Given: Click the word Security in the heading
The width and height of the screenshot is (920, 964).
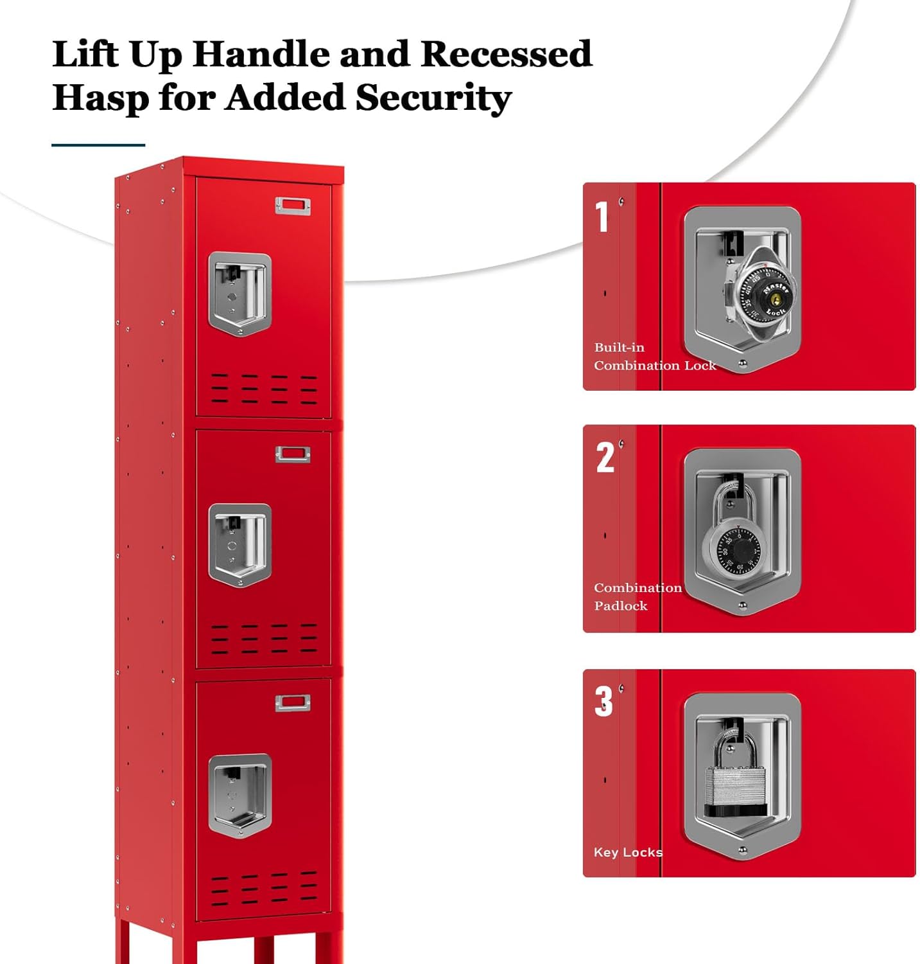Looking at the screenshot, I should coord(433,98).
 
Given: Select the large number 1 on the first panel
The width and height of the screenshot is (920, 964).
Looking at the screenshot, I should coord(602,217).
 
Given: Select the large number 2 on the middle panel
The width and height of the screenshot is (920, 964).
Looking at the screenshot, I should coord(605,458).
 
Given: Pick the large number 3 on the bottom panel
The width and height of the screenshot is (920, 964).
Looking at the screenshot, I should coord(603,701).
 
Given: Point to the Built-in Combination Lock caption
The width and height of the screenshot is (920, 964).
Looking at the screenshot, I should coord(653,357).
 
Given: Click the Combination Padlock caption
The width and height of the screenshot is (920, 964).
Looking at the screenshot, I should coord(637,596).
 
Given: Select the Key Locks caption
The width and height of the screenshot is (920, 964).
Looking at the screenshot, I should coord(627,852).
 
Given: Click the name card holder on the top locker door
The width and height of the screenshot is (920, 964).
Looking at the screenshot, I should coord(293,206).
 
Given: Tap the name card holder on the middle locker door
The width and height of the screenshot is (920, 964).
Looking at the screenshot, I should coord(293,454).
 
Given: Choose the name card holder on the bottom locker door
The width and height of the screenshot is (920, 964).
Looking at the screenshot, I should coord(293,703).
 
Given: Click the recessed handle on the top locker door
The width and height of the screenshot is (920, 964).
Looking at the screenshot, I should coord(240,293).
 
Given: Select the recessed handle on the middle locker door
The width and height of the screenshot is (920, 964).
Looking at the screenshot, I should coord(240,545).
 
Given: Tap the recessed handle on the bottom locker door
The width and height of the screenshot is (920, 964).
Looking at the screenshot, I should coord(240,796).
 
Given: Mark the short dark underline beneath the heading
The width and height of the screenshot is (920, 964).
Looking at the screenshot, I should coord(98,145).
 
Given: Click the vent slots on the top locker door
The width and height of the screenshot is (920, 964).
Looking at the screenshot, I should coord(264,388).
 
